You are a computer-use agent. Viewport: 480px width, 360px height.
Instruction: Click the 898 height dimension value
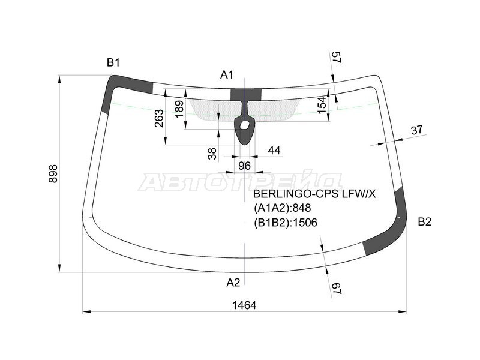click(x=53, y=173)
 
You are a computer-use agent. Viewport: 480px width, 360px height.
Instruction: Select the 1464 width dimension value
click(x=244, y=305)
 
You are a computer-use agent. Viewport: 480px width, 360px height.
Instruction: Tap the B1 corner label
click(x=113, y=63)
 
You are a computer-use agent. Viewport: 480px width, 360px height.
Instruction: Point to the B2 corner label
click(x=425, y=221)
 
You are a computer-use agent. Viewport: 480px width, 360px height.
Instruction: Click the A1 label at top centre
click(x=227, y=74)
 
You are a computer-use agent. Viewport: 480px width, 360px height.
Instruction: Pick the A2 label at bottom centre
click(x=233, y=283)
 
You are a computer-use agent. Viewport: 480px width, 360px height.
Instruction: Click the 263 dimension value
click(x=159, y=119)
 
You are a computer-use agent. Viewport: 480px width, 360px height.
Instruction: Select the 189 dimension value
click(x=179, y=109)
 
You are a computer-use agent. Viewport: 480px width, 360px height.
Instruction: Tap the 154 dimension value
click(x=322, y=105)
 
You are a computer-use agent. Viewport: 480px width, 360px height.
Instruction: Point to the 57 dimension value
click(x=337, y=58)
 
